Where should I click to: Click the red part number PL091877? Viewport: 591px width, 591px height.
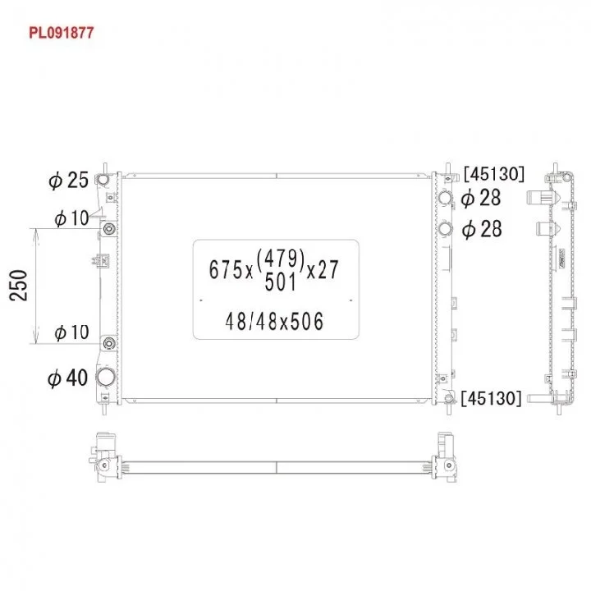click(x=61, y=33)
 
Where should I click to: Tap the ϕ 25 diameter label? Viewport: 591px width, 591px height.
click(x=69, y=180)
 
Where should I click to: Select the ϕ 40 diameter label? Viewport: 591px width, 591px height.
click(x=68, y=378)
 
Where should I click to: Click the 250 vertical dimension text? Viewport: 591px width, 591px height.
click(x=18, y=286)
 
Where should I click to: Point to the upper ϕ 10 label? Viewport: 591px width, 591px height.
click(x=71, y=218)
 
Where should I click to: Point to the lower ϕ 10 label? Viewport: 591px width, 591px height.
click(x=71, y=332)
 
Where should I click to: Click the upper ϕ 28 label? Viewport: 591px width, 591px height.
click(x=481, y=198)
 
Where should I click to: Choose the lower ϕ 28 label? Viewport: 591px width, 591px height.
click(x=482, y=229)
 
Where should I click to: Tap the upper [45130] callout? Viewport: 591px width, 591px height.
click(x=494, y=174)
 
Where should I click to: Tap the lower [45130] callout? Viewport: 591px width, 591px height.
click(x=492, y=398)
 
